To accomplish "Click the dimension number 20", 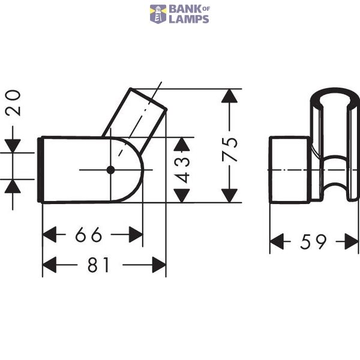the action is pos(13,103).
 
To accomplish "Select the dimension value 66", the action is pos(89,235).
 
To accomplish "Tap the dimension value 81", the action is pos(98,265).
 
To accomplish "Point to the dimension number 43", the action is pos(182,170).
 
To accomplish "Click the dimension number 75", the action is pos(229,149).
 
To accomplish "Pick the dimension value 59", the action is pos(313,242).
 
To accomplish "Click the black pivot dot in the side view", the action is pos(110,170).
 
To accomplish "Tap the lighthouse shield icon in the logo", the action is pos(158,14).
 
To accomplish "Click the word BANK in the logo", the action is pos(185,10).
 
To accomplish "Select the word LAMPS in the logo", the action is pos(189,19).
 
